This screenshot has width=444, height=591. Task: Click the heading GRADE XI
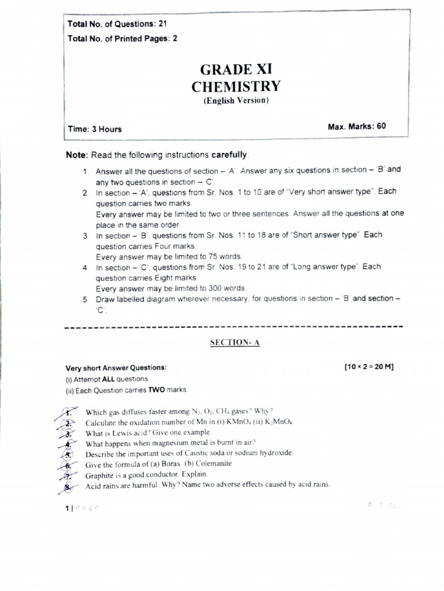pos(235,70)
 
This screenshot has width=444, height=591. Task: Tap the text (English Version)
pos(235,100)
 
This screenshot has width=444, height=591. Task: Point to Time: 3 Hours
pos(95,129)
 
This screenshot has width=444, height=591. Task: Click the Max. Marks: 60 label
pos(356,126)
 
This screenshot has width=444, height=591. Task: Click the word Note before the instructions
pos(77,155)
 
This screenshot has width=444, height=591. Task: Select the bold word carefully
pos(230,155)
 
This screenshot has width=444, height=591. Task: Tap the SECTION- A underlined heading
pos(235,342)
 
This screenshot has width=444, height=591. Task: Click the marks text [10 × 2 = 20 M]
pos(368,367)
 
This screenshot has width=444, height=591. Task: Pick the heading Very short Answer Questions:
pos(116,368)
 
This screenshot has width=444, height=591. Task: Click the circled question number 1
pos(68,412)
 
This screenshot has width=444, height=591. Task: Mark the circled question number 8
pos(68,486)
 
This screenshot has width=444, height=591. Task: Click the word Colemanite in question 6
pos(213,463)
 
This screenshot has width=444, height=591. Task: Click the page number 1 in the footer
pos(67,508)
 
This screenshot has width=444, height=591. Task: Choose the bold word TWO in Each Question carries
pos(157,390)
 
